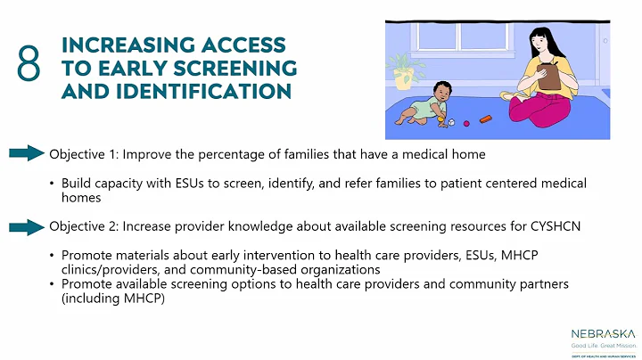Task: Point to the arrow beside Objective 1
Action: pyautogui.click(x=27, y=154)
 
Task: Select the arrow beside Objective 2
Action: pyautogui.click(x=27, y=225)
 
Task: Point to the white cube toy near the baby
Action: pyautogui.click(x=452, y=123)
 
